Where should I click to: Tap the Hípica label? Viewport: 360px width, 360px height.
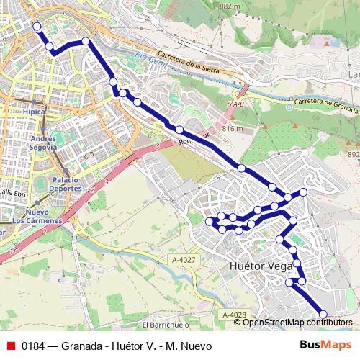click(x=34, y=112)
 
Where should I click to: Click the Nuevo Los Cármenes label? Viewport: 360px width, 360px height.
click(x=42, y=216)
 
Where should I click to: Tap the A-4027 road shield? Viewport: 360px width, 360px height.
click(x=184, y=260)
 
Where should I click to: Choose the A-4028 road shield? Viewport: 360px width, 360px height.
click(x=234, y=315)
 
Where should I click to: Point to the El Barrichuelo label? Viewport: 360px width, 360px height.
click(x=165, y=325)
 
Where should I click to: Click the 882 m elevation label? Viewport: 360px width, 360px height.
click(x=230, y=6)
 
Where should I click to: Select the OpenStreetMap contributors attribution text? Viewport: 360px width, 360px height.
click(x=297, y=323)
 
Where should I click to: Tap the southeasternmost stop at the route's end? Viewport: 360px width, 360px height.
click(x=323, y=314)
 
